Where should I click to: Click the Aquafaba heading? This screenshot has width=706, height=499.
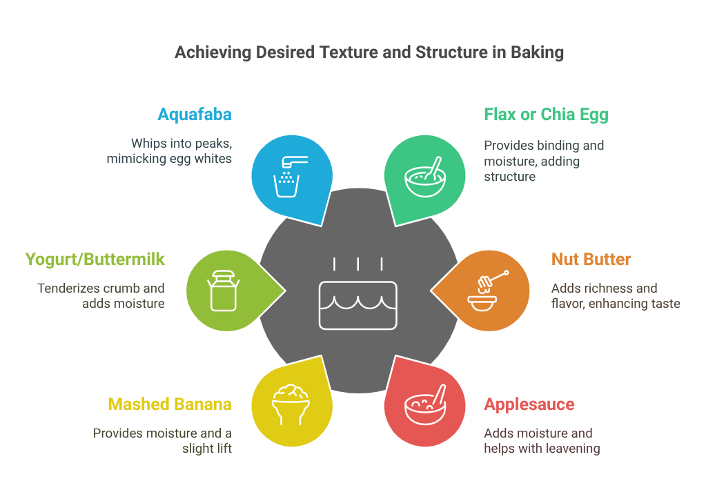[x=195, y=115]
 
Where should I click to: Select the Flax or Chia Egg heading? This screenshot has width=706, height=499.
[x=546, y=115]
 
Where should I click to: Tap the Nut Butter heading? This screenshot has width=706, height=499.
[x=591, y=260]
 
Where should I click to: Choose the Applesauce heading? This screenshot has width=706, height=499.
[x=529, y=405]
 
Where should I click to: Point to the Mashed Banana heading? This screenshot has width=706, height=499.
[x=170, y=404]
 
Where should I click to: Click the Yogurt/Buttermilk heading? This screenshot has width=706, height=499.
[x=95, y=260]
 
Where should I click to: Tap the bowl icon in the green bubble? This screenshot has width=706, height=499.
[x=425, y=177]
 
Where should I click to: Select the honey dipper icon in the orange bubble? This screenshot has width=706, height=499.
[x=488, y=291]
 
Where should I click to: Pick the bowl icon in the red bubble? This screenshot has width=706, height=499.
[x=425, y=404]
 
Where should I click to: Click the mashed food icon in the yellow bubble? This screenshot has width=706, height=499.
[x=291, y=404]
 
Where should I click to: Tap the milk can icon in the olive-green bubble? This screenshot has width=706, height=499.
[x=224, y=291]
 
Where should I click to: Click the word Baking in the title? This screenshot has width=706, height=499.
[x=537, y=52]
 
